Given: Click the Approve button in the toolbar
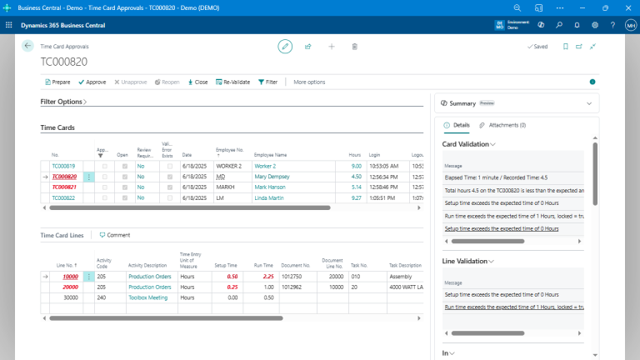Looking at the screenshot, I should pyautogui.click(x=92, y=82).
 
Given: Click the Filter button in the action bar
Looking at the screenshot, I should pyautogui.click(x=267, y=82).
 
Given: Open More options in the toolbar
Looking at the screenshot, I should pyautogui.click(x=309, y=82).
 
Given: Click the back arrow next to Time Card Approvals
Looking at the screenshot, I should pyautogui.click(x=27, y=47).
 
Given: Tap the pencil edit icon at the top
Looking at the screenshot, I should pyautogui.click(x=285, y=47).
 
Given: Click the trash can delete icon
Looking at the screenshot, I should pyautogui.click(x=354, y=47).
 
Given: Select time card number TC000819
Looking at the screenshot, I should pyautogui.click(x=63, y=166).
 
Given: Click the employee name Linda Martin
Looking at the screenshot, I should pyautogui.click(x=268, y=197).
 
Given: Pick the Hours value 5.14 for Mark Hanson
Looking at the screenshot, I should pyautogui.click(x=356, y=187).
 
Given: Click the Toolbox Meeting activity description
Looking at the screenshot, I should pyautogui.click(x=147, y=297).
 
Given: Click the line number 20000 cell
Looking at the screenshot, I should pyautogui.click(x=70, y=287).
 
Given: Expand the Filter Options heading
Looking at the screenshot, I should pyautogui.click(x=63, y=102).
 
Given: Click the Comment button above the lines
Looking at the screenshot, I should pyautogui.click(x=115, y=235).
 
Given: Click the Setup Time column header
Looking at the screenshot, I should pyautogui.click(x=226, y=264).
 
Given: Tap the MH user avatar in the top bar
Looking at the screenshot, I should pyautogui.click(x=630, y=25).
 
